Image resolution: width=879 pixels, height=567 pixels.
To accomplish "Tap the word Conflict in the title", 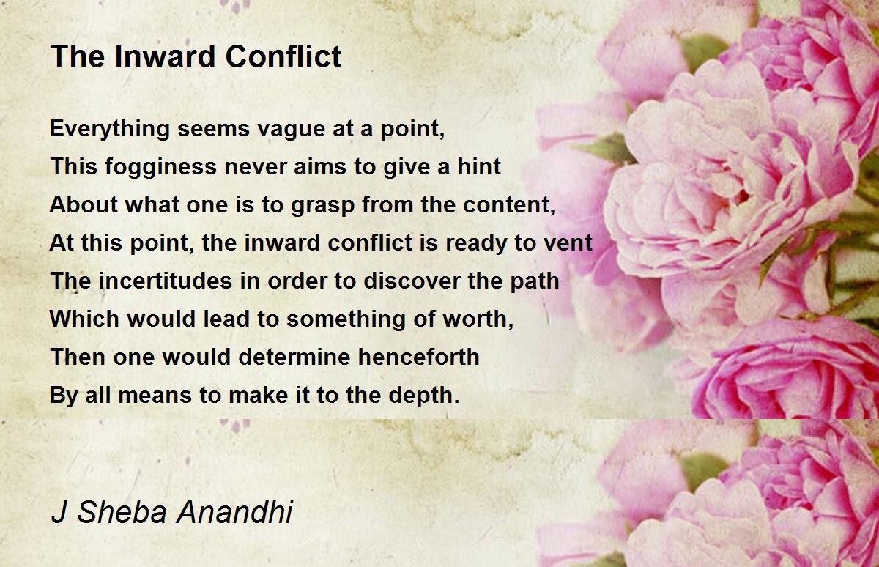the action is point(283,56).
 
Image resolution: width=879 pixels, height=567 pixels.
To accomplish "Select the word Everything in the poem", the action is point(110,130).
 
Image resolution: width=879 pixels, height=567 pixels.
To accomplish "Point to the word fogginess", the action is point(161,168).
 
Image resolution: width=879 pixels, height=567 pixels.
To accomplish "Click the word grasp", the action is point(322,206).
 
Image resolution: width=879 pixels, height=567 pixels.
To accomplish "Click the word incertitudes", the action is point(166,281).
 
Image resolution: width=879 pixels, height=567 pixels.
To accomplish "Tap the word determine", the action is point(294,357).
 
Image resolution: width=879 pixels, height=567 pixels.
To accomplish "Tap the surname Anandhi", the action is point(234,512).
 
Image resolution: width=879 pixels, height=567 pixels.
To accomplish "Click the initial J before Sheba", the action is point(59,512).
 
